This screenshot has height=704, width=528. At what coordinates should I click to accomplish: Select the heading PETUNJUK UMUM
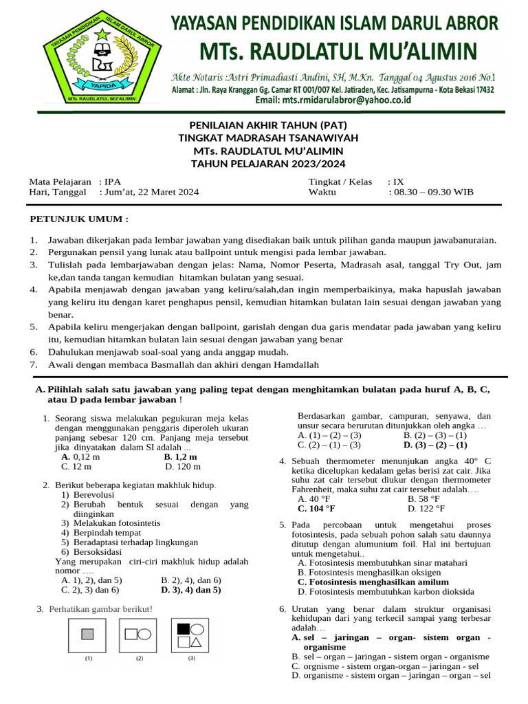pyautogui.click(x=78, y=219)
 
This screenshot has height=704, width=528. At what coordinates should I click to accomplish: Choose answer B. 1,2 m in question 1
pyautogui.click(x=181, y=456)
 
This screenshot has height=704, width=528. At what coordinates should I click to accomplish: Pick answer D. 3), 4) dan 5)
pyautogui.click(x=190, y=589)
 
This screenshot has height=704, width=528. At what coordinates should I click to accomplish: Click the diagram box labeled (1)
pyautogui.click(x=87, y=634)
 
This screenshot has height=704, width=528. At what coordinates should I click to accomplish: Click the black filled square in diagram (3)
pyautogui.click(x=184, y=628)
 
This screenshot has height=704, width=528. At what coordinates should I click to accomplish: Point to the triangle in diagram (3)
pyautogui.click(x=197, y=642)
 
